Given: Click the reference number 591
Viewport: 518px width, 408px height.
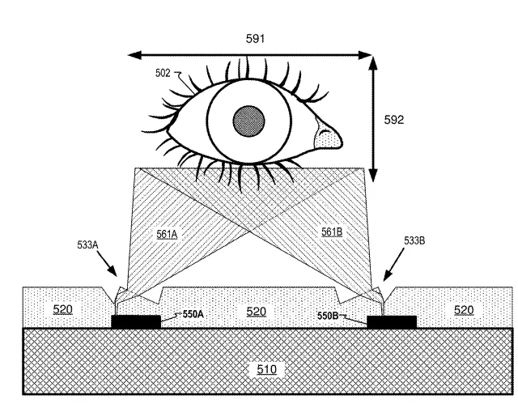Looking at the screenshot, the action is pyautogui.click(x=255, y=39).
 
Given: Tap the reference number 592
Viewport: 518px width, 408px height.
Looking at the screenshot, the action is pyautogui.click(x=394, y=120).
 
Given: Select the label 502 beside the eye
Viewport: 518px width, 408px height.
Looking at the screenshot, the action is pyautogui.click(x=163, y=73).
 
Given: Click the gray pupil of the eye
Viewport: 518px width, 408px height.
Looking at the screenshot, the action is pyautogui.click(x=248, y=121).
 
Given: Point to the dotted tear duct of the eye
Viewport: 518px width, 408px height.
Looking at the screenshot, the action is pyautogui.click(x=327, y=134).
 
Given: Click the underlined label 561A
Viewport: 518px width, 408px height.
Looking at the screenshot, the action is pyautogui.click(x=167, y=234).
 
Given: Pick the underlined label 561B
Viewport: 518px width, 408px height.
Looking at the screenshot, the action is pyautogui.click(x=332, y=232).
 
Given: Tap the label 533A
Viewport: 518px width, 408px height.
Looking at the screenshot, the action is pyautogui.click(x=87, y=244).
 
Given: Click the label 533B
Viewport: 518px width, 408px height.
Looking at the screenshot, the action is pyautogui.click(x=414, y=241).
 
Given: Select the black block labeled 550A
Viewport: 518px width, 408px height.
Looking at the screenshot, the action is pyautogui.click(x=136, y=321).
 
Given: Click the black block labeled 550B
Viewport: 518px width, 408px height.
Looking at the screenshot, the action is pyautogui.click(x=392, y=322).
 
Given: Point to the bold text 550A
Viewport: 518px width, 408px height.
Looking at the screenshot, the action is pyautogui.click(x=193, y=314).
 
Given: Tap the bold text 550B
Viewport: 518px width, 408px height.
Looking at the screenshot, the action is pyautogui.click(x=328, y=316).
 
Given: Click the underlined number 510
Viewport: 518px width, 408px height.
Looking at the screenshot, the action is pyautogui.click(x=266, y=369).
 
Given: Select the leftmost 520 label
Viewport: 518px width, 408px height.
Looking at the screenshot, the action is pyautogui.click(x=63, y=309).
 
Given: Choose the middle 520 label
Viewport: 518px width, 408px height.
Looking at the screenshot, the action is pyautogui.click(x=257, y=312).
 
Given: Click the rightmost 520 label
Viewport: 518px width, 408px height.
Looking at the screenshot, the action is pyautogui.click(x=464, y=310).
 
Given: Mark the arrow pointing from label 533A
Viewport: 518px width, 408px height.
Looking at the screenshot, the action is pyautogui.click(x=107, y=264).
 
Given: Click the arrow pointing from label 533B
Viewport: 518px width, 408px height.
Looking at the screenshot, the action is pyautogui.click(x=393, y=264).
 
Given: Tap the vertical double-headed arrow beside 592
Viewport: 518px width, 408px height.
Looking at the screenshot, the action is pyautogui.click(x=373, y=119).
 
